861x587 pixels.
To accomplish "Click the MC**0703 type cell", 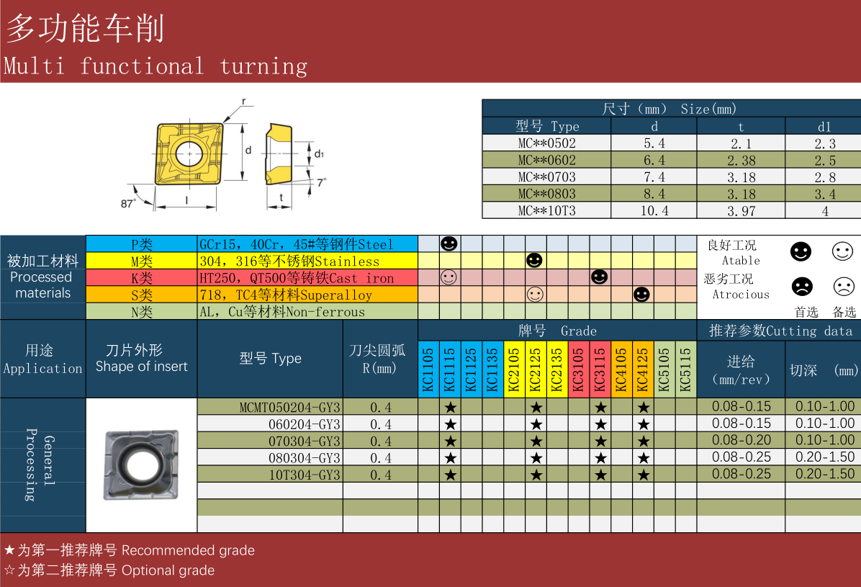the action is [x=546, y=177].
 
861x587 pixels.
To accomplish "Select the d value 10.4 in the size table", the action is [x=654, y=210].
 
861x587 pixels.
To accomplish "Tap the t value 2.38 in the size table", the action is [x=741, y=161].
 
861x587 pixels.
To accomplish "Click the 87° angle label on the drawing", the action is [x=128, y=203].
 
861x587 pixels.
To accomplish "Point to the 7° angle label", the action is [x=322, y=182].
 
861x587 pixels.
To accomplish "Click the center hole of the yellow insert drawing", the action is [x=189, y=153].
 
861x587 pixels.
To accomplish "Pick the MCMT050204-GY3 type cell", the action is [x=289, y=407].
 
